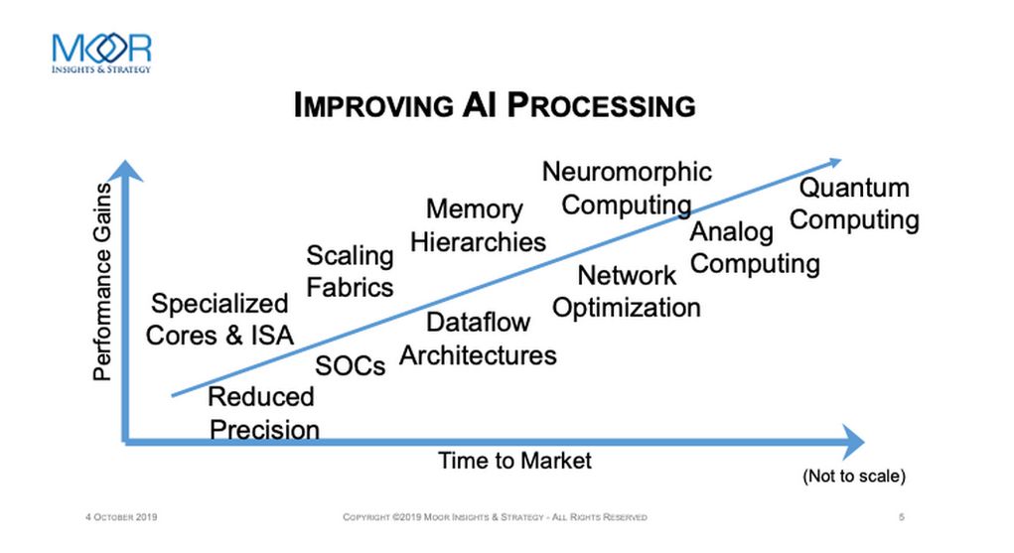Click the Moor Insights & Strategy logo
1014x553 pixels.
101,54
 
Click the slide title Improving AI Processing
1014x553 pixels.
495,105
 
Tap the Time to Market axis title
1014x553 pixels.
514,461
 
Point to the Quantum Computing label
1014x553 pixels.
854,204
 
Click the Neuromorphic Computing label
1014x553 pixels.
627,189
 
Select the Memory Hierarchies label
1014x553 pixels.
478,225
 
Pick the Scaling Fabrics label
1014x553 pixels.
350,272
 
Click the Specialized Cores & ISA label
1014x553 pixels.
219,320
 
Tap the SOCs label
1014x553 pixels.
350,366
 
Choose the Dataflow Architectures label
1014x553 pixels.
478,339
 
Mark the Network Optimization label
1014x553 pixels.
627,292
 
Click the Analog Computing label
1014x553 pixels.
755,248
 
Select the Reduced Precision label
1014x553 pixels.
263,413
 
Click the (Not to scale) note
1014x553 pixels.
854,476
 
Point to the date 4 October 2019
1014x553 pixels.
121,517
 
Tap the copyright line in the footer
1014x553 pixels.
495,517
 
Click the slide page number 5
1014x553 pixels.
902,517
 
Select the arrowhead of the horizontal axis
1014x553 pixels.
853,443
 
